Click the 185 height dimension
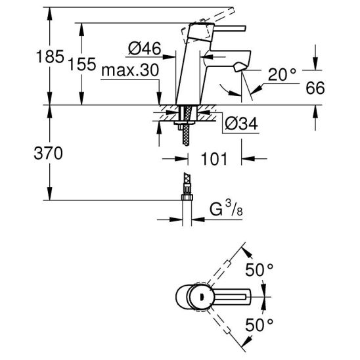(50, 56)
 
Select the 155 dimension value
(82, 64)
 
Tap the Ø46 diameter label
(145, 48)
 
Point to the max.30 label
(130, 70)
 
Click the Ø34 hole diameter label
(241, 124)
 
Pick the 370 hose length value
(48, 153)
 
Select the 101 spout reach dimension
(214, 159)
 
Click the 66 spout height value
(315, 88)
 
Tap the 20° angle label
(282, 74)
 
